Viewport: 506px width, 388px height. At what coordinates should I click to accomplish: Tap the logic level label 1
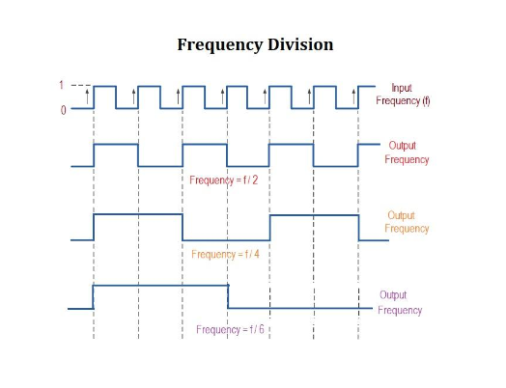(x=63, y=86)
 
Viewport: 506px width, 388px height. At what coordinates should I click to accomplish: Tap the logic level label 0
(x=64, y=109)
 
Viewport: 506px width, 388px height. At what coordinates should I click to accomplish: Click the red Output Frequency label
(x=407, y=152)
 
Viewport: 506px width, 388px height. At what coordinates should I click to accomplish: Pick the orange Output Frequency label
(x=407, y=222)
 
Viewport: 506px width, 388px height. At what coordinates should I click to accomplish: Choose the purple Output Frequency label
(x=399, y=302)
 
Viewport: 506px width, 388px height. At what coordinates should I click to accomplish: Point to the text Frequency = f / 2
(x=224, y=180)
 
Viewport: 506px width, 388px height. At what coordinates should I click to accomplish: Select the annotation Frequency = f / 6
(x=230, y=329)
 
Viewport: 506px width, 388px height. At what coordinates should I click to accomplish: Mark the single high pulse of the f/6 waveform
(x=159, y=286)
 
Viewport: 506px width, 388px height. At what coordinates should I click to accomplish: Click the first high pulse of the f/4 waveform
(x=137, y=215)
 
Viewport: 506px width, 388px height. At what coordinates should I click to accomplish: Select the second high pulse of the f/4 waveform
(x=314, y=215)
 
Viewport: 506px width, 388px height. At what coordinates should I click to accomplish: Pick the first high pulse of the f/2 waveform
(x=115, y=146)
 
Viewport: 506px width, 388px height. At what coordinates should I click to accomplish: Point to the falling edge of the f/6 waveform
(x=227, y=296)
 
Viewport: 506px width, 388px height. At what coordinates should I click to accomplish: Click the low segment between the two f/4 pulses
(x=225, y=238)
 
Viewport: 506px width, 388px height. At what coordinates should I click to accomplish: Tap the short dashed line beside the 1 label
(x=79, y=86)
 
